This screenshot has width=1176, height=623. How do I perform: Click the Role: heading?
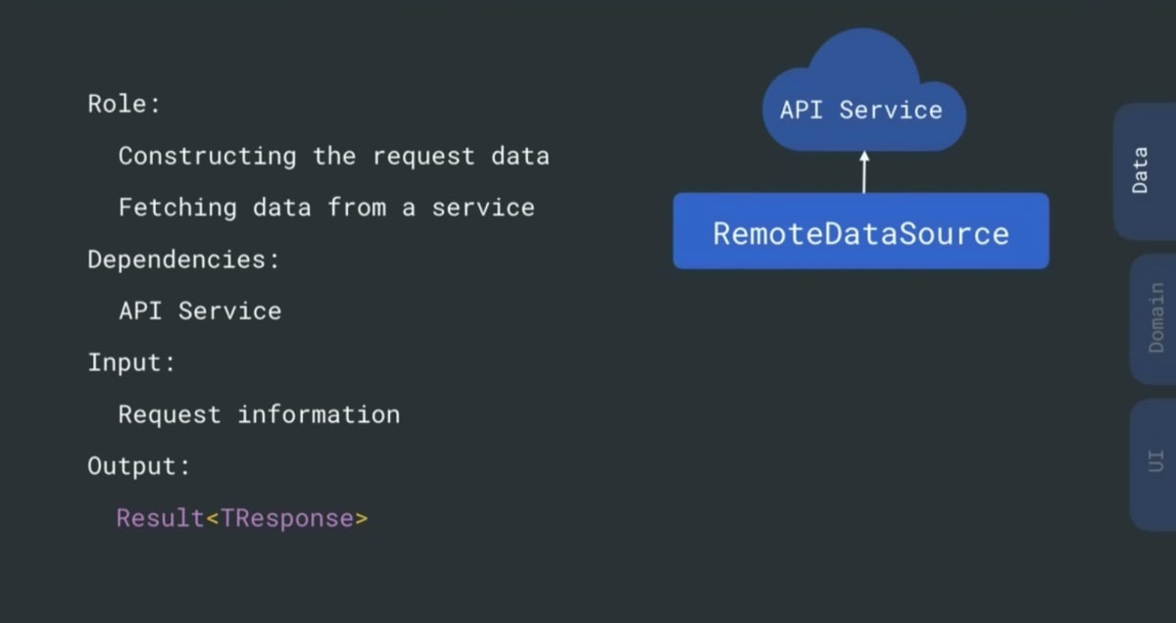click(x=123, y=104)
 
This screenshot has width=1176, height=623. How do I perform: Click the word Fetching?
click(x=177, y=209)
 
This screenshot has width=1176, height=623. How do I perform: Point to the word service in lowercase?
click(x=483, y=208)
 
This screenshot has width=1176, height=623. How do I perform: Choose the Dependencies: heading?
click(x=183, y=261)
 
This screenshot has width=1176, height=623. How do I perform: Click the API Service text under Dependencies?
click(x=200, y=311)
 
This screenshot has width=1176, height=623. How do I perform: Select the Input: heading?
click(x=130, y=363)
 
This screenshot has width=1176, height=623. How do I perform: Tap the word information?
click(x=318, y=414)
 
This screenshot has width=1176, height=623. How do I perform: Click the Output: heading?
click(x=138, y=467)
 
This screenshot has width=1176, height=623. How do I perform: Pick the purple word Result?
click(x=160, y=518)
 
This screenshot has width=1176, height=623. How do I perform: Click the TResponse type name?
click(x=287, y=519)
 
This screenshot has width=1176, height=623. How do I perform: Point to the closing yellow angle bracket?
click(x=362, y=519)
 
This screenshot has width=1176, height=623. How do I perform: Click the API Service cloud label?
click(x=861, y=111)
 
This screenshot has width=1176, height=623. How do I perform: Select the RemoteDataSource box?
click(x=861, y=231)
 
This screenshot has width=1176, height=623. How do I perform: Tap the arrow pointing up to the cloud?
click(x=864, y=172)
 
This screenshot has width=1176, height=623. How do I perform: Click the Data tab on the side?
click(x=1146, y=171)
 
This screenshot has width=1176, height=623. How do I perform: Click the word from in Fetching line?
click(x=357, y=208)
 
